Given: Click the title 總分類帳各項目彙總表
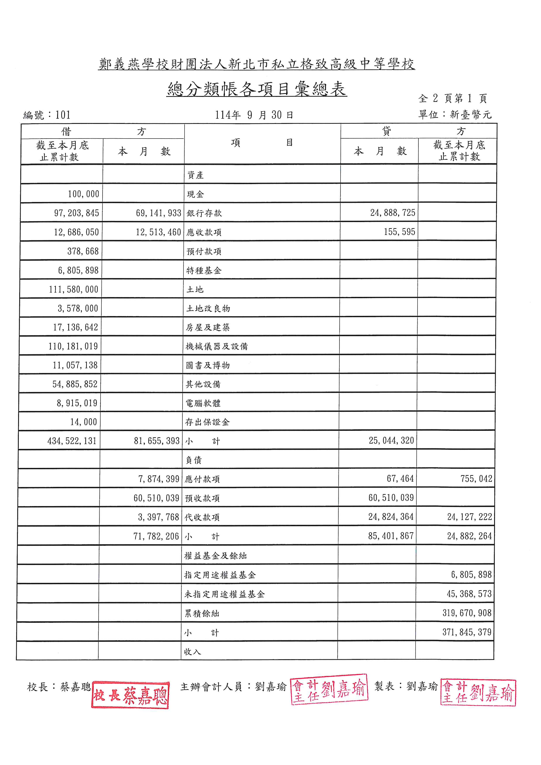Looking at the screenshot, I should point(257,89).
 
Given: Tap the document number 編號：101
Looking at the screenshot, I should point(47,115).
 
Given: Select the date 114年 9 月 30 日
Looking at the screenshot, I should point(254,115).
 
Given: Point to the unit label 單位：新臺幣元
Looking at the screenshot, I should point(455,115).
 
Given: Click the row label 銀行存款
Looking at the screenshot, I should point(204,213).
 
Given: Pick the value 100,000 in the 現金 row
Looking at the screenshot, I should point(83,194).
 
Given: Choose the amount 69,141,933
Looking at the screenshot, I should point(158,213).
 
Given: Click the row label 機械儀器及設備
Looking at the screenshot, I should point(217,347).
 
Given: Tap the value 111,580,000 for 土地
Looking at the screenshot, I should point(74,289).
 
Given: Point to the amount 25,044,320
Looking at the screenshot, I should point(391,440).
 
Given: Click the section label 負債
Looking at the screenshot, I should point(193,460).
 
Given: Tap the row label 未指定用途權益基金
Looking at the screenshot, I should point(224,594).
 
